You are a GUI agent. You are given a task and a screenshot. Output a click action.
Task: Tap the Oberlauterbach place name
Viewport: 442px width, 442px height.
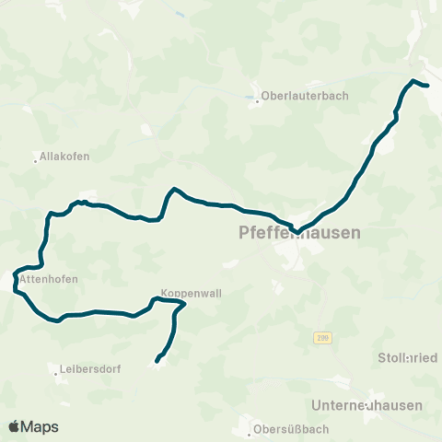[299, 94]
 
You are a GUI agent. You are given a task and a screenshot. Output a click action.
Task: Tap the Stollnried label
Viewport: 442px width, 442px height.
[408, 357]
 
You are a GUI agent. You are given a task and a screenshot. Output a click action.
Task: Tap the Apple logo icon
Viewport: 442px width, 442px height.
[15, 426]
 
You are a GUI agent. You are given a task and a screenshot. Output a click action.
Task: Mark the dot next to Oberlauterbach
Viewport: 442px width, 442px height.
[257, 100]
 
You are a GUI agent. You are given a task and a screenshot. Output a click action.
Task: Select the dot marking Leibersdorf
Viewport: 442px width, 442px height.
[55, 373]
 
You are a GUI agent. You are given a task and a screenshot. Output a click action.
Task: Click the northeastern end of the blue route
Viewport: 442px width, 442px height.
[428, 86]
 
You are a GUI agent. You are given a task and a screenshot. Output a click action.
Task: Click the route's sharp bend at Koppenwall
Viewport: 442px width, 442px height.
[184, 303]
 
